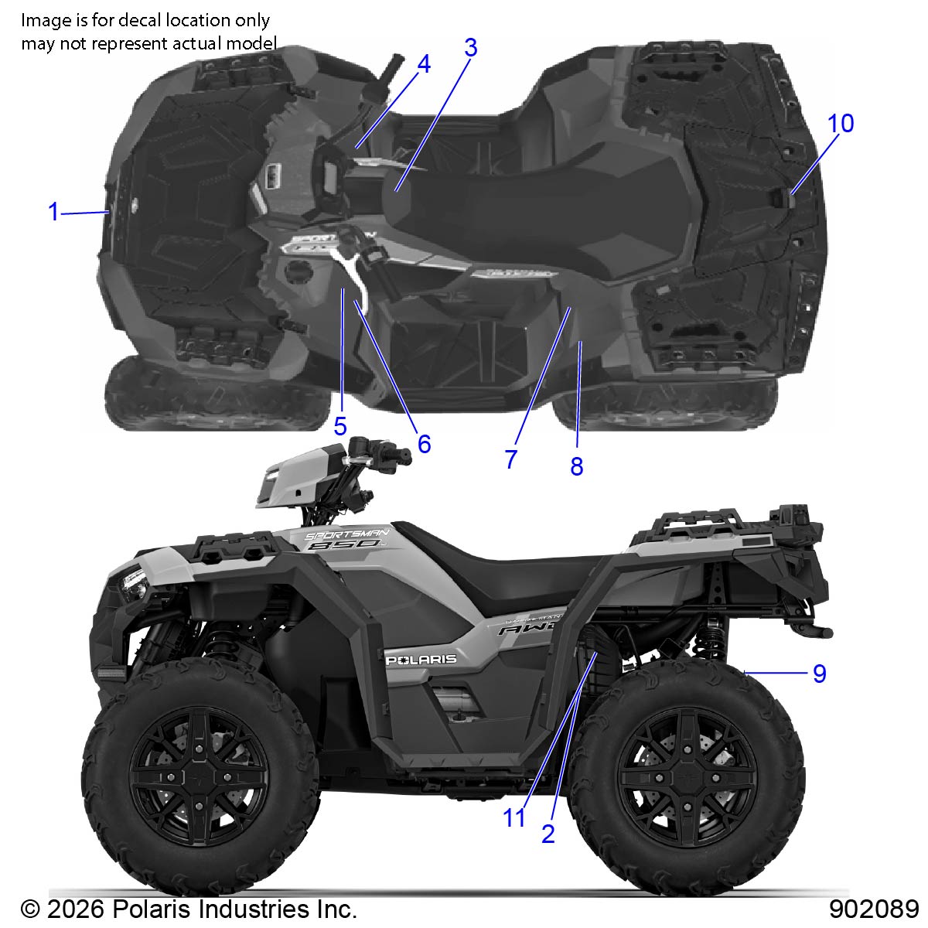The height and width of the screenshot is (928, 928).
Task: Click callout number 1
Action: point(54,212)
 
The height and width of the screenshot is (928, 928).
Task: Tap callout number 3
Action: point(471,48)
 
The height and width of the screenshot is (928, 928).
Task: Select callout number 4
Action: point(424,64)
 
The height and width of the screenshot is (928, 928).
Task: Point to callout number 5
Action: point(340,426)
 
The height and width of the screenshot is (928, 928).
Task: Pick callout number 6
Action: point(424,444)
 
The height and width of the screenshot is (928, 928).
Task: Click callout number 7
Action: point(511,459)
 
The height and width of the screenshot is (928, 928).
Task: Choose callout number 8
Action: point(577,466)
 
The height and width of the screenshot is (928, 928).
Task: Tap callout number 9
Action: point(820,674)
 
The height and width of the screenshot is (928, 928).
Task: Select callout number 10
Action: point(841,123)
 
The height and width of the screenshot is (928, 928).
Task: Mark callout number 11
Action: point(513,817)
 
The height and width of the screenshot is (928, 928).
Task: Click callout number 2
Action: point(548,834)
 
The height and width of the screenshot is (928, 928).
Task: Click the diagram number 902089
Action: point(874,909)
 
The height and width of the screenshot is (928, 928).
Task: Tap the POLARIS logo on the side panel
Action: point(421,660)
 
